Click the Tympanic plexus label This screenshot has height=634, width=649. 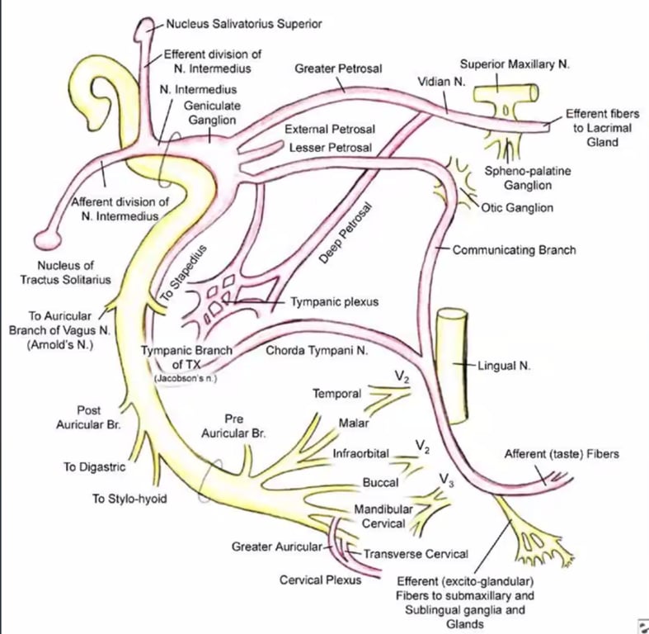334,302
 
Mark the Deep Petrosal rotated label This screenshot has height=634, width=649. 346,234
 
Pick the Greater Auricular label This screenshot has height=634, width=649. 279,546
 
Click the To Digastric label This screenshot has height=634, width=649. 95,466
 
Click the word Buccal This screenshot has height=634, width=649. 380,482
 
